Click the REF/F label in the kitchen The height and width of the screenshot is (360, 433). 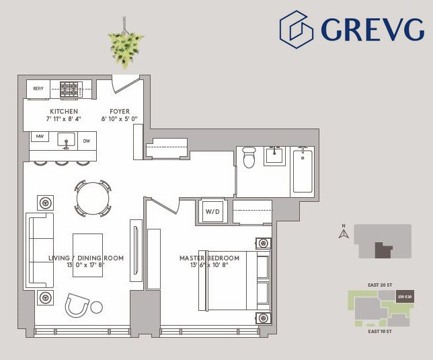point(37,87)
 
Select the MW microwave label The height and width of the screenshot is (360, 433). point(40,137)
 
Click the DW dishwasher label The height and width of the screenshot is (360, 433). point(86,141)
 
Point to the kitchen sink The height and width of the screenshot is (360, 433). point(66,140)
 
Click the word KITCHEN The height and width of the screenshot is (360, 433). point(64,111)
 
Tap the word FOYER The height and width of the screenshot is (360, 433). point(120,111)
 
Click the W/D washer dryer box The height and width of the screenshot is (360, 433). point(212,211)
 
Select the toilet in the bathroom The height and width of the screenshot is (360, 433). point(249,157)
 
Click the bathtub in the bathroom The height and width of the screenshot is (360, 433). point(303,171)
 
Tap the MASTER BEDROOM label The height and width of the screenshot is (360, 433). point(209,258)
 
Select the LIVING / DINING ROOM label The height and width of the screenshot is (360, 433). point(86,258)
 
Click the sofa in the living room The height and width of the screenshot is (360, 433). point(40,250)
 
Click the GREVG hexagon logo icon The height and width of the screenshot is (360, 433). point(297,29)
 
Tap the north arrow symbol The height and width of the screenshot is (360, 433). point(343,234)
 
